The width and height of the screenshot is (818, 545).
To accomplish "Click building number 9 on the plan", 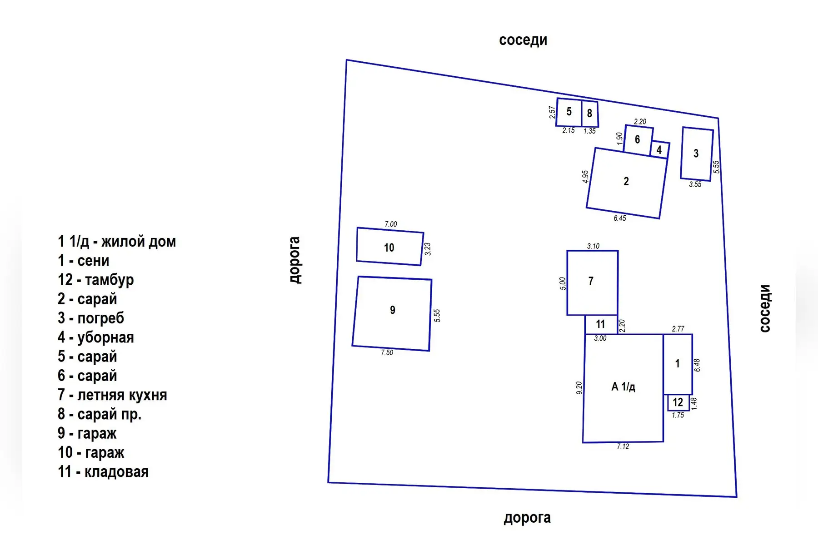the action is point(392,313).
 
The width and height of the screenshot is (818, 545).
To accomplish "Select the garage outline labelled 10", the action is point(390,247).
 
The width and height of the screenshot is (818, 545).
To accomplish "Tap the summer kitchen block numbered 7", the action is point(592,282).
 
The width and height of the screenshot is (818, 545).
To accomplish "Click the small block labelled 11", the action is point(601,324).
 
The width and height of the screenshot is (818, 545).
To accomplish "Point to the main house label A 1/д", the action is point(623,387).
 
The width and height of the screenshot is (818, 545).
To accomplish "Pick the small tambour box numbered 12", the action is point(678,402).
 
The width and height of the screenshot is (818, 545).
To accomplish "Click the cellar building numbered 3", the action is point(697,154).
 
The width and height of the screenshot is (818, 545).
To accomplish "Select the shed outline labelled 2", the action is point(627,183).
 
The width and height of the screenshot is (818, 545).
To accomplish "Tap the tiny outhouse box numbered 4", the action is point(659,149).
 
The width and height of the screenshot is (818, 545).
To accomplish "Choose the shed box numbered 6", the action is point(638,140).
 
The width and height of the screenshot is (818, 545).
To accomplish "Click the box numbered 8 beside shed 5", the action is point(590,114).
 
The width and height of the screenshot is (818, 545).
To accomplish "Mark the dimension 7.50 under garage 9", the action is point(387,352).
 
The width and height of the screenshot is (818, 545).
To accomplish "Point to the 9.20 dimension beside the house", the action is point(579,388).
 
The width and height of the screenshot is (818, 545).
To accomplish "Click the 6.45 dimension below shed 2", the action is point(620,218).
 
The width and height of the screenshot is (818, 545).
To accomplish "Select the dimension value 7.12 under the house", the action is point(623,447).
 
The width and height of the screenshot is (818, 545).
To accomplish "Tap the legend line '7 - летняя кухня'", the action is point(112,395).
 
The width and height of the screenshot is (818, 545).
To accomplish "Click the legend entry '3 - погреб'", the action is point(91,318).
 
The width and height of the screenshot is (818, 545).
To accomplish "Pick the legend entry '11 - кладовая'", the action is point(103,472).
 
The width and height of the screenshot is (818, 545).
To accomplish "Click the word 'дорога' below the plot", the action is point(527,518).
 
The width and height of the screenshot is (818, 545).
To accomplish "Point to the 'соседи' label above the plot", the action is point(523,40).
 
